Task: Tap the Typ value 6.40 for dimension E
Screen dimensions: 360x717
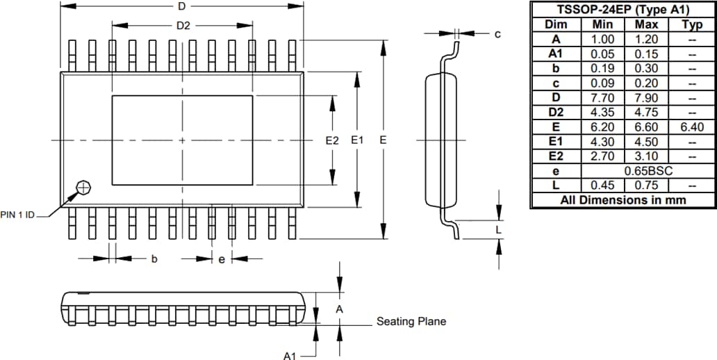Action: click(x=691, y=127)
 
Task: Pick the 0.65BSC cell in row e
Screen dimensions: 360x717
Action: click(x=645, y=171)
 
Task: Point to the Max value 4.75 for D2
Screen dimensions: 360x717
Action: click(x=645, y=113)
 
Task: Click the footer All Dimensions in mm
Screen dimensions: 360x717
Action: click(x=623, y=200)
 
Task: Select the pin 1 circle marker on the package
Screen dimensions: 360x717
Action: click(x=83, y=187)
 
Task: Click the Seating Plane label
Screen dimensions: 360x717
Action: click(x=411, y=321)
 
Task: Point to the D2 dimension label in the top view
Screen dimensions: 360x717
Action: click(x=183, y=26)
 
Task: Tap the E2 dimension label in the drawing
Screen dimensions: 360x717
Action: click(x=332, y=140)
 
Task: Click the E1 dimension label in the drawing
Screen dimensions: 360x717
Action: click(x=357, y=140)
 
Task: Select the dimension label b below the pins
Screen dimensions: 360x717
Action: click(x=154, y=259)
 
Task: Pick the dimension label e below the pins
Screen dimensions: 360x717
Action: click(x=222, y=259)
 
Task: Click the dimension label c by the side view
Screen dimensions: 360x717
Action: click(x=497, y=33)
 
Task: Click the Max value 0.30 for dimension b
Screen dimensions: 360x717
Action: click(x=645, y=69)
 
